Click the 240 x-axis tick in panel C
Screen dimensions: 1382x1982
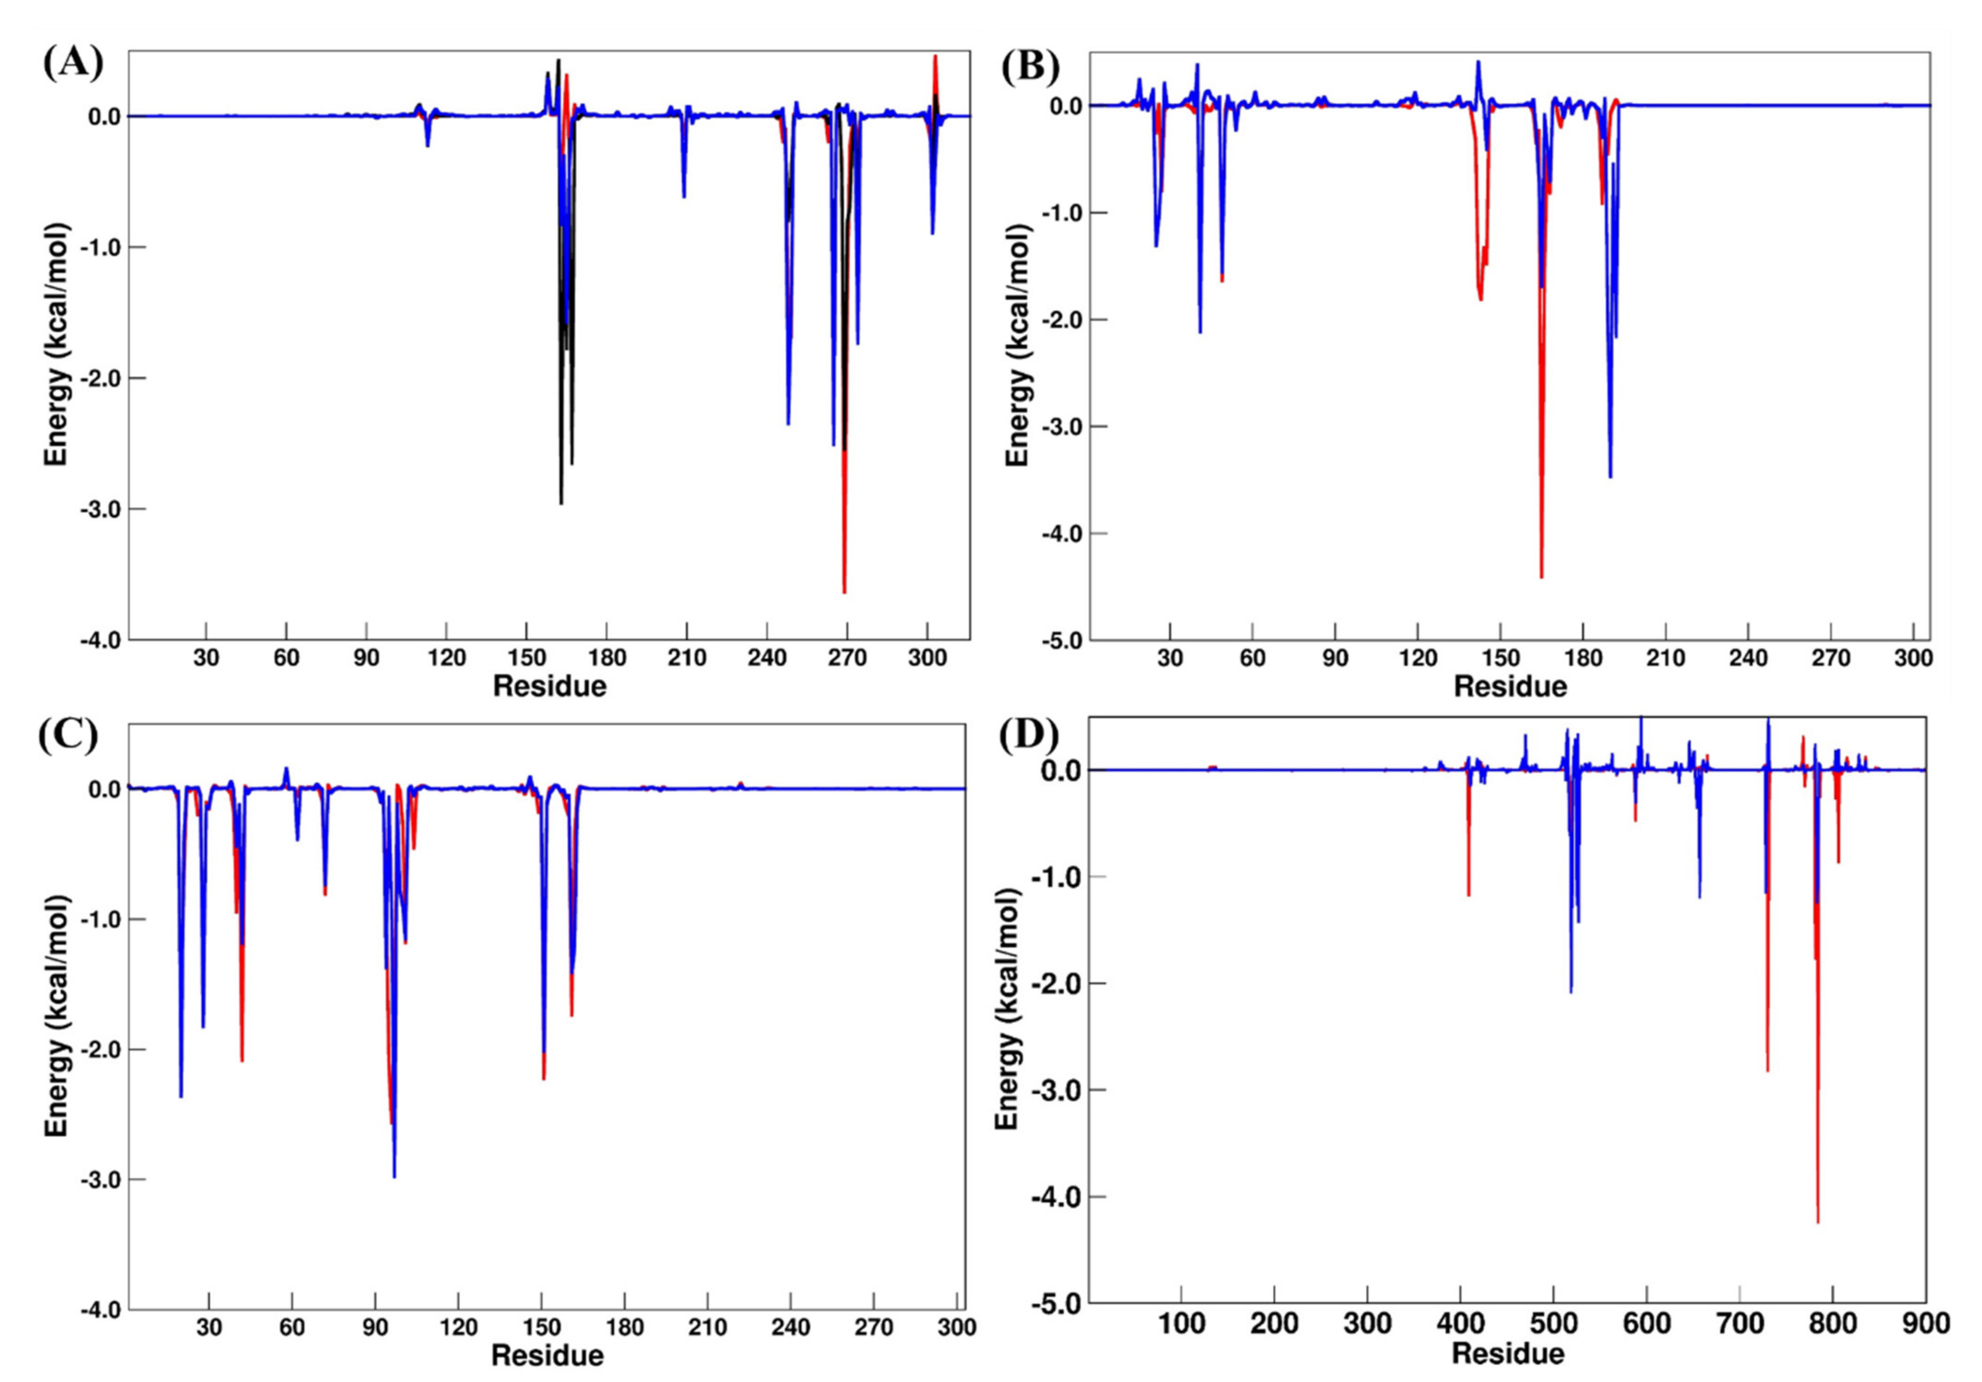click(x=790, y=1327)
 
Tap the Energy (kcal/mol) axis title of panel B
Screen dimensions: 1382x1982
click(x=1019, y=345)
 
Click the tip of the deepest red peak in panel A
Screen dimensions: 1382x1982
click(x=844, y=592)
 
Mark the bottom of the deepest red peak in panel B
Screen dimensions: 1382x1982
click(x=1541, y=577)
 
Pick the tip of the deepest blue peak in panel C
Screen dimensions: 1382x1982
click(x=394, y=1177)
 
